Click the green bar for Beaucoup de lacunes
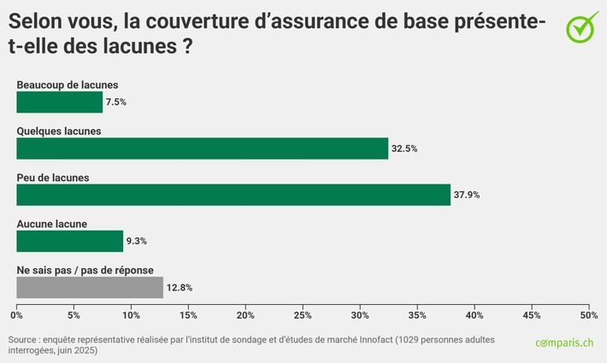pyautogui.click(x=59, y=102)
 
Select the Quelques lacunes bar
pyautogui.click(x=202, y=149)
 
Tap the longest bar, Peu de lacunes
pyautogui.click(x=233, y=195)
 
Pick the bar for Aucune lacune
pyautogui.click(x=69, y=241)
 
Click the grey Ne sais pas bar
pyautogui.click(x=89, y=288)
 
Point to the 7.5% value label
pyautogui.click(x=115, y=102)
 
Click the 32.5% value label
pyautogui.click(x=404, y=149)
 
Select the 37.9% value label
pyautogui.click(x=466, y=195)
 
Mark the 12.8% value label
pyautogui.click(x=180, y=288)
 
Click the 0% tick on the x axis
pyautogui.click(x=16, y=315)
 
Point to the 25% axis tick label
pyautogui.click(x=303, y=315)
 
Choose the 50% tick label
pyautogui.click(x=588, y=315)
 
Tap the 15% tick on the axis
pyautogui.click(x=188, y=315)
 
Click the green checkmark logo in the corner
pyautogui.click(x=581, y=26)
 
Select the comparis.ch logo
pyautogui.click(x=564, y=343)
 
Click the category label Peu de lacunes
pyautogui.click(x=53, y=178)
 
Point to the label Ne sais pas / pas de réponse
pyautogui.click(x=85, y=270)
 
